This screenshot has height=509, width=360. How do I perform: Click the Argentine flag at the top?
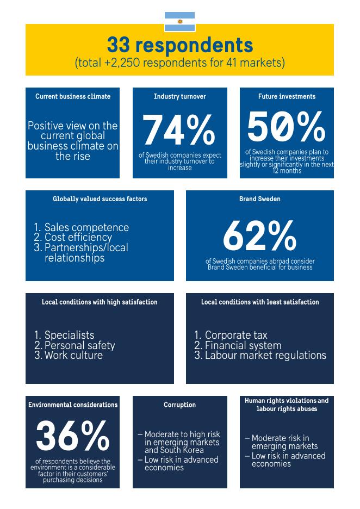pyautogui.click(x=179, y=22)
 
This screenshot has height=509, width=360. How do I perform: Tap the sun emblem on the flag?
pyautogui.click(x=179, y=22)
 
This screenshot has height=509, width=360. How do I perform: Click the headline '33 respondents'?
pyautogui.click(x=180, y=45)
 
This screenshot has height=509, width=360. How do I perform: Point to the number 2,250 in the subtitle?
pyautogui.click(x=123, y=63)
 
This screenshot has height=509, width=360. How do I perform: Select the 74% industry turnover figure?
pyautogui.click(x=179, y=130)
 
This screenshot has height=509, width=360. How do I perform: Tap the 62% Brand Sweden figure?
pyautogui.click(x=260, y=235)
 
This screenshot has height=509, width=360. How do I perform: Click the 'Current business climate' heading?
pyautogui.click(x=73, y=96)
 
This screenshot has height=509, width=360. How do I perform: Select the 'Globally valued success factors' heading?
pyautogui.click(x=100, y=199)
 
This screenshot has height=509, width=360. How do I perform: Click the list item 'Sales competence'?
pyautogui.click(x=86, y=227)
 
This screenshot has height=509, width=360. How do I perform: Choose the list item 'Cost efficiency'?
pyautogui.click(x=78, y=237)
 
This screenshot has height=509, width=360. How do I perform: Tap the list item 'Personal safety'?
pyautogui.click(x=80, y=345)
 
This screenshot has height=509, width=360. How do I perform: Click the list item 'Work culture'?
pyautogui.click(x=74, y=355)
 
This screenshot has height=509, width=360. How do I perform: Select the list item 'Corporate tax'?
pyautogui.click(x=236, y=335)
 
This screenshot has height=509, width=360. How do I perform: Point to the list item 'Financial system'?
pyautogui.click(x=243, y=345)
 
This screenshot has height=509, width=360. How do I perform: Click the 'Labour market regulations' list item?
pyautogui.click(x=265, y=355)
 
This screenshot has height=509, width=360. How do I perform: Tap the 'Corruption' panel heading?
pyautogui.click(x=179, y=405)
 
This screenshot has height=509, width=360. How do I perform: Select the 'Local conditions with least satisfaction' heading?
pyautogui.click(x=260, y=302)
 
